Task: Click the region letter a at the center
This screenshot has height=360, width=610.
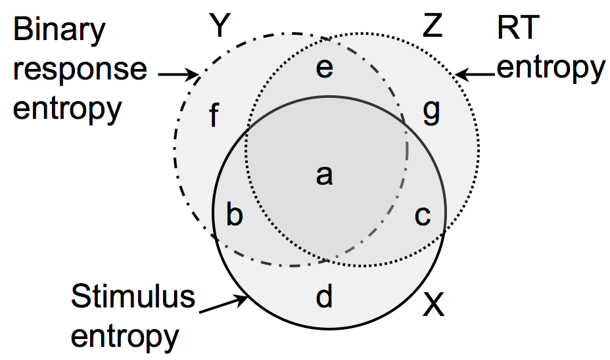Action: (x=323, y=175)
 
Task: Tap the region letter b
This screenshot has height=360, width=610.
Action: (x=233, y=215)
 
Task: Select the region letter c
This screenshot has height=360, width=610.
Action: (x=423, y=215)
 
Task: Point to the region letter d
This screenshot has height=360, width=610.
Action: (x=324, y=297)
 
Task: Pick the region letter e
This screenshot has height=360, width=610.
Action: (x=324, y=68)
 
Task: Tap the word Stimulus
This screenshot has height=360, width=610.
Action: (x=133, y=297)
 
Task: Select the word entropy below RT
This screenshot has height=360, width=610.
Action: (x=550, y=68)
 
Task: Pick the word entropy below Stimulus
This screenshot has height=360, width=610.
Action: (x=125, y=336)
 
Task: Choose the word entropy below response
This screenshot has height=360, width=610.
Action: (x=68, y=108)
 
